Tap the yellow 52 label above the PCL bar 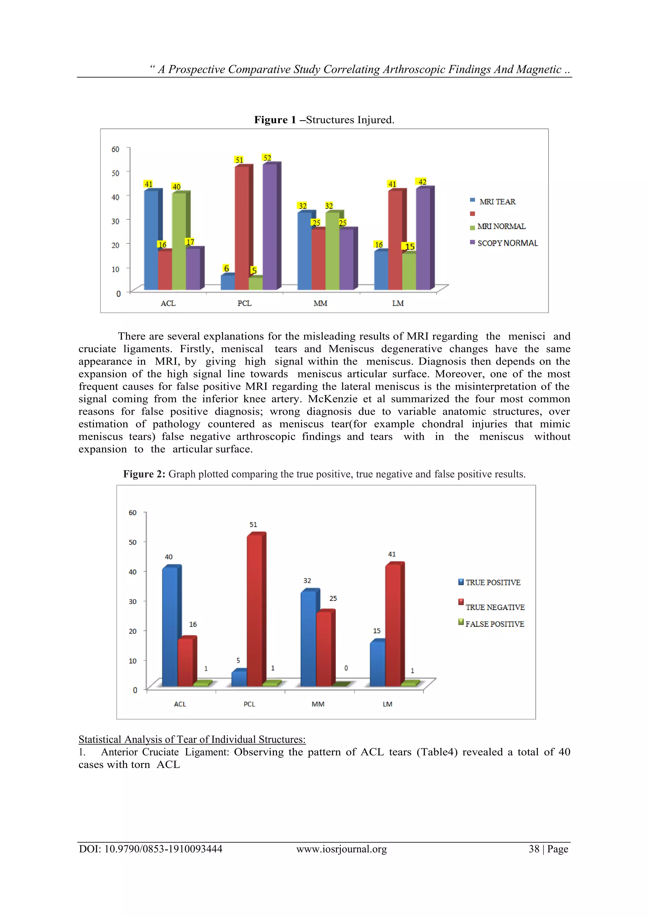coord(267,158)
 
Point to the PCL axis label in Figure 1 coord(244,303)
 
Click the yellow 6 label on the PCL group coord(226,268)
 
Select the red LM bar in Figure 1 coord(395,240)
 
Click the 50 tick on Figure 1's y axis coord(115,173)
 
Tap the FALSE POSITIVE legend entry coord(494,624)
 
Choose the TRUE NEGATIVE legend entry coord(495,607)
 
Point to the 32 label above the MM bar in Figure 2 coord(307,580)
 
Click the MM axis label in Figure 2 coord(318,704)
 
